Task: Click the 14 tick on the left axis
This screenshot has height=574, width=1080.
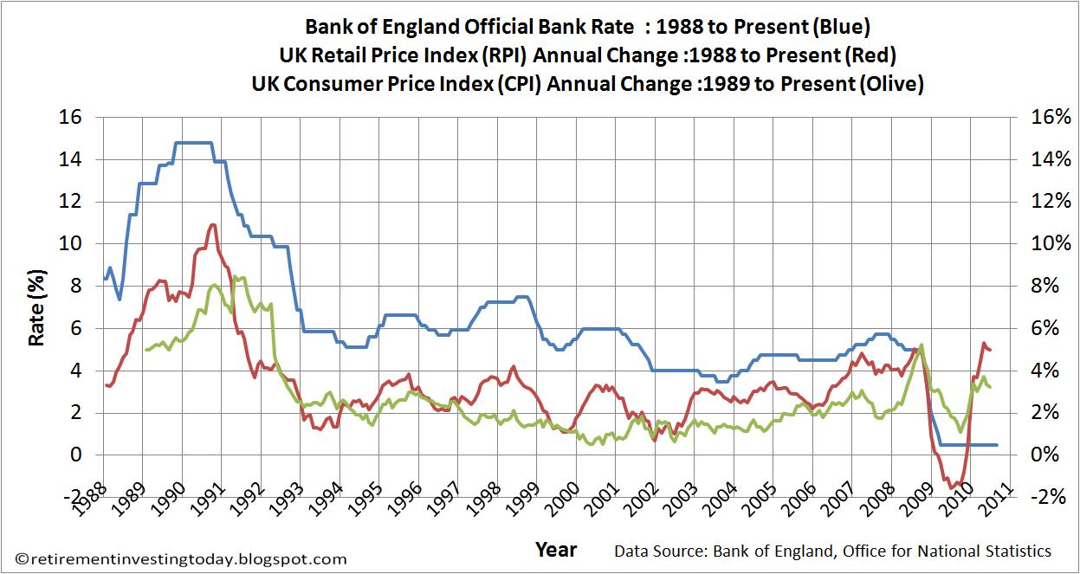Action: pyautogui.click(x=74, y=159)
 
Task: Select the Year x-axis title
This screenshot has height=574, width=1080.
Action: pyautogui.click(x=555, y=550)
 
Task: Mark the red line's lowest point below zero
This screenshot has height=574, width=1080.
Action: pyautogui.click(x=951, y=487)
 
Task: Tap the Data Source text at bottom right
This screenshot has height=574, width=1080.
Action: pyautogui.click(x=832, y=551)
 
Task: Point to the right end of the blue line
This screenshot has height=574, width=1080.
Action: pyautogui.click(x=997, y=445)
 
